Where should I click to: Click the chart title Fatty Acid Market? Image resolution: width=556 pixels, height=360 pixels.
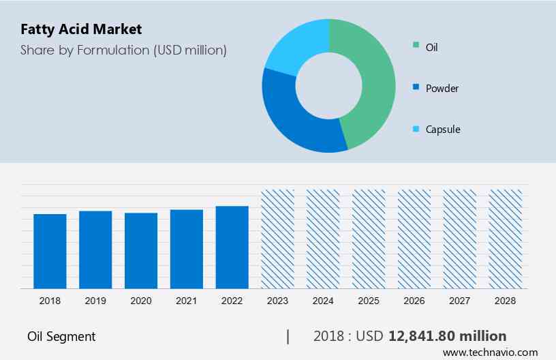coord(81,29)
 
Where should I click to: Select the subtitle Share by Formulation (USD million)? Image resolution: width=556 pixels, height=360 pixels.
coord(123,50)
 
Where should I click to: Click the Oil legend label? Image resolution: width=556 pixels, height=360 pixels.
coord(431,47)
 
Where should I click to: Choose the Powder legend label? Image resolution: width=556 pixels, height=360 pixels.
coord(442,88)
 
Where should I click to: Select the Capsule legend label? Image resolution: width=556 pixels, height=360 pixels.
coord(442,129)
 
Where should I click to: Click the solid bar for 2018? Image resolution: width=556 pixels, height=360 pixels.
coord(50,251)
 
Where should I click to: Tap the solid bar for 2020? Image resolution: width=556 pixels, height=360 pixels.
coord(141,250)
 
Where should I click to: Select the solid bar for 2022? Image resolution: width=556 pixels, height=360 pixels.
coord(232,247)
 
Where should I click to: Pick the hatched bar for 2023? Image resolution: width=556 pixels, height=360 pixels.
coord(278,239)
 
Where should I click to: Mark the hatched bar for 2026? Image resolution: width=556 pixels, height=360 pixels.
coord(414,239)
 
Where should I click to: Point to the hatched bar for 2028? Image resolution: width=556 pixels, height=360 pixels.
coord(506,239)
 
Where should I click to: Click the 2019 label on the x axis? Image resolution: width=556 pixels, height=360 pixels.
coord(95,301)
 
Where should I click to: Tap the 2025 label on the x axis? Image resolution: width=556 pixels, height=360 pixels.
coord(369,301)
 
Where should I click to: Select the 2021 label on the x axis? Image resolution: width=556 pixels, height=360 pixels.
coord(187,301)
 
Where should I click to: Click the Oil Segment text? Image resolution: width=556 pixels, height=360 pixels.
coord(61,336)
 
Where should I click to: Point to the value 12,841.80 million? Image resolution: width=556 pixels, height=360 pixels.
coord(447,335)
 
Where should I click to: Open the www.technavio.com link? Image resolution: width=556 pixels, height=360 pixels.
coord(490,352)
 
